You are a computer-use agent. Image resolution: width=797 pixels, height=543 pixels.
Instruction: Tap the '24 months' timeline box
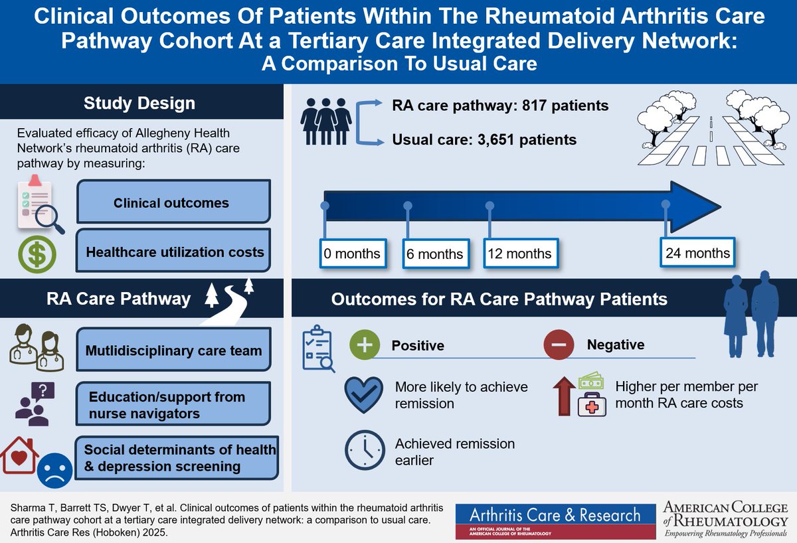point(697,253)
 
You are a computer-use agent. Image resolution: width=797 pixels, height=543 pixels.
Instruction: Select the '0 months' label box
point(352,254)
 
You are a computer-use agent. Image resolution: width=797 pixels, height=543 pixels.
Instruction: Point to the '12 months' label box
point(519,254)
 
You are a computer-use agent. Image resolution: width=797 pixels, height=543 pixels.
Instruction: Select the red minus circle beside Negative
point(559,345)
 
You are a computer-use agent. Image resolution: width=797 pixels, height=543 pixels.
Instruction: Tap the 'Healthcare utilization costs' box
point(175,252)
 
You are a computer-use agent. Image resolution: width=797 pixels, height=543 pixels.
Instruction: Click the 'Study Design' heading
point(139,103)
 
